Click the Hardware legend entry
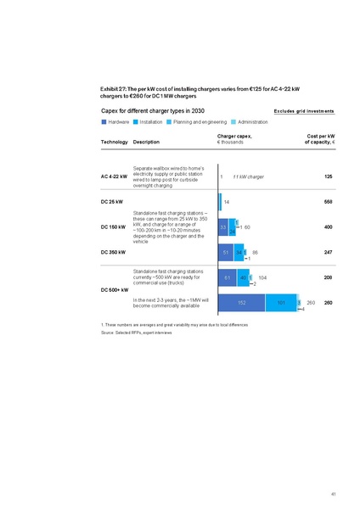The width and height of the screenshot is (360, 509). point(118,122)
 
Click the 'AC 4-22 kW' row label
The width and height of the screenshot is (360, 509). point(114,176)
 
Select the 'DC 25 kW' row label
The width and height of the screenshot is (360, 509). point(112,202)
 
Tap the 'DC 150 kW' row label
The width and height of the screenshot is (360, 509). point(113,227)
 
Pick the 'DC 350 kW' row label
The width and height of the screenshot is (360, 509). point(113,253)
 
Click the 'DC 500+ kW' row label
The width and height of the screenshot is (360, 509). point(114,291)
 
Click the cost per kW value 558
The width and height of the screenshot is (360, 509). point(328,202)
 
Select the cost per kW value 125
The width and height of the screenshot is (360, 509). point(328,176)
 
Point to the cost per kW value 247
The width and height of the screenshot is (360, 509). point(328,253)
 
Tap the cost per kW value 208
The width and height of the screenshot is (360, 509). point(328,277)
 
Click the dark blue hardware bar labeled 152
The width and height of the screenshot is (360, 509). point(243,303)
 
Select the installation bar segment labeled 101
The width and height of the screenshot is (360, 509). point(281,303)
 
